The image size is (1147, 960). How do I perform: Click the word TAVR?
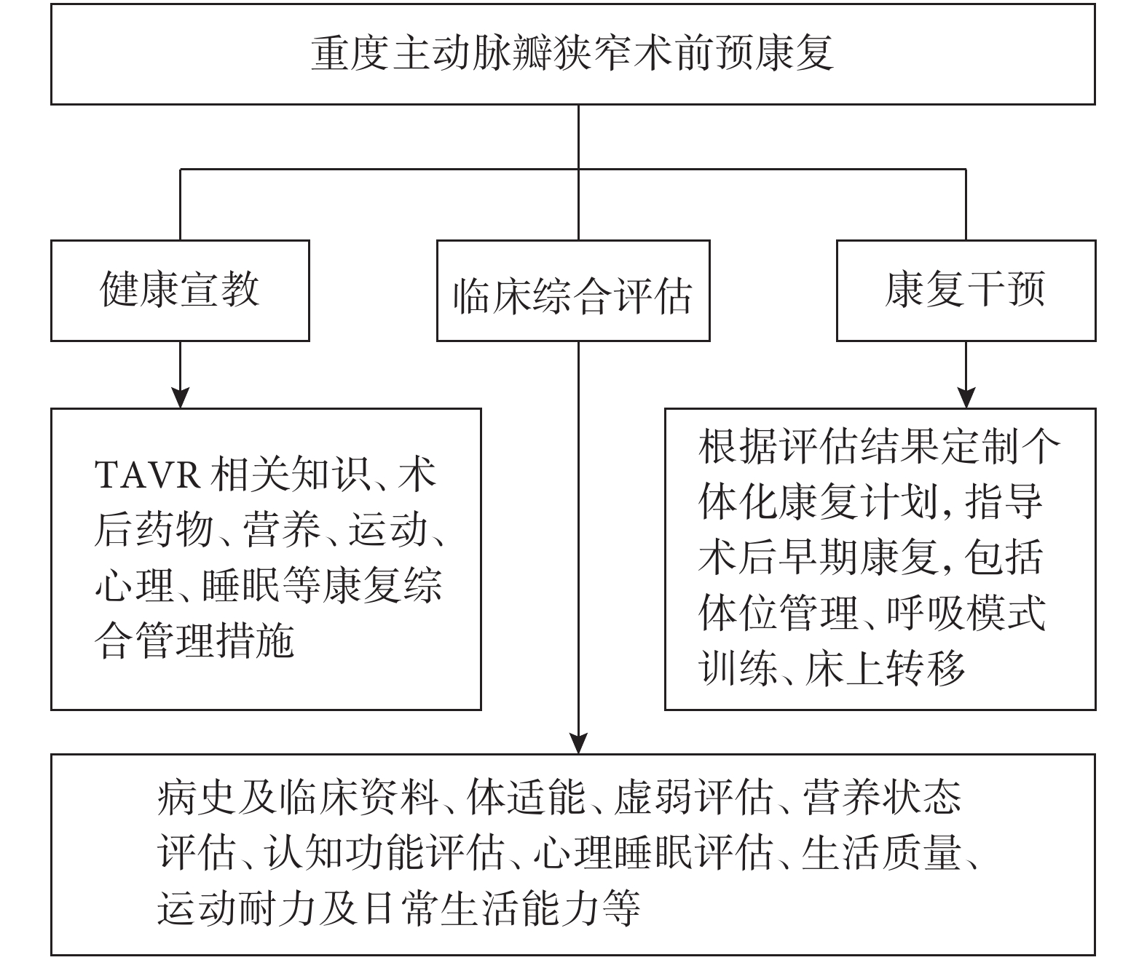[x=147, y=475]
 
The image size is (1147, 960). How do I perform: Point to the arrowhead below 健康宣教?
[x=180, y=397]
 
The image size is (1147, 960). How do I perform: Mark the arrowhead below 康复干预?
[x=966, y=397]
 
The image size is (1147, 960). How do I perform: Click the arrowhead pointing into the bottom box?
[x=578, y=743]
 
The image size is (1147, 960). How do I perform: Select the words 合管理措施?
[x=194, y=640]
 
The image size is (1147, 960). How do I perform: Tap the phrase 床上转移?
[x=885, y=668]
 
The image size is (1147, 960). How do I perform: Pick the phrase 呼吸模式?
[x=966, y=612]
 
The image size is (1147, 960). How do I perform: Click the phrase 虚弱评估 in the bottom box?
[x=694, y=798]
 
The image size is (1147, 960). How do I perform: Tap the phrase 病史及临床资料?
[x=298, y=798]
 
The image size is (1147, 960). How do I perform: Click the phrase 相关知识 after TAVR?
[x=291, y=475]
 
